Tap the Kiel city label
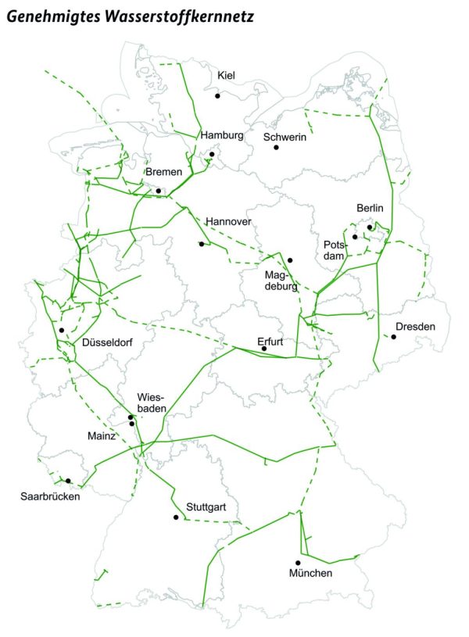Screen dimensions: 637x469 point(227,76)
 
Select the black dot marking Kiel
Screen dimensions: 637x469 point(218,95)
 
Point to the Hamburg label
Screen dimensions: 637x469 point(223,135)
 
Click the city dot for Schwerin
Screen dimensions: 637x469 point(275,147)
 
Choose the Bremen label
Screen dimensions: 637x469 point(164,172)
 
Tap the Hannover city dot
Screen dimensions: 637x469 point(202,244)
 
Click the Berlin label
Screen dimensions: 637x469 point(371,208)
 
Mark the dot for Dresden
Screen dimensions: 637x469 point(394,337)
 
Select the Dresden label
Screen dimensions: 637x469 point(415,326)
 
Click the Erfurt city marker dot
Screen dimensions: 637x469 point(264,349)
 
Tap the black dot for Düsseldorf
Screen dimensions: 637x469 point(61,331)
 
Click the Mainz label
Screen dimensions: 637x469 point(102,435)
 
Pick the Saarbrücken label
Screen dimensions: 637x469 point(50,495)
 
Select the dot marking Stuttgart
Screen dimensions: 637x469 point(176,517)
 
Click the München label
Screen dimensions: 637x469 point(310,574)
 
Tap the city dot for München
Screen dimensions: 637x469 point(297,563)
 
